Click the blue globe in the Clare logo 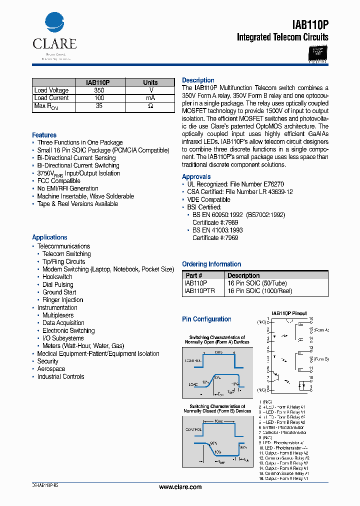point(54,24)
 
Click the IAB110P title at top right point(310,25)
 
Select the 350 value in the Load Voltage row point(99,90)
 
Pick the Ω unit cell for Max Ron point(150,106)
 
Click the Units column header point(150,82)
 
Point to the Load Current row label point(51,98)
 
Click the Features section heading point(44,135)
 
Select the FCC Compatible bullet point(58,181)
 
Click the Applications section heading point(49,237)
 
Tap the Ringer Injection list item point(62,300)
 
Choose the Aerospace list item point(51,369)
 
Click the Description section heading point(198,80)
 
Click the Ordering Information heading point(211,264)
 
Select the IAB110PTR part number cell point(199,290)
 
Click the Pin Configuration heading point(206,319)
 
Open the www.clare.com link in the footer point(180,487)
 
